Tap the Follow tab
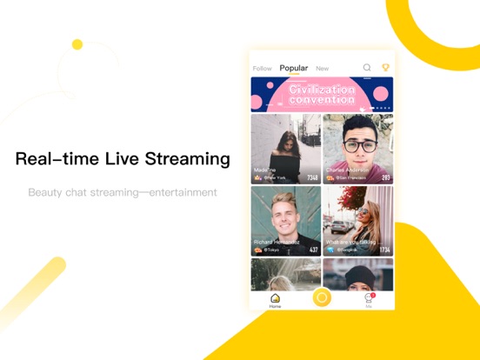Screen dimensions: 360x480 pyautogui.click(x=262, y=68)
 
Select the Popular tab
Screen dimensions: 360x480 pyautogui.click(x=294, y=68)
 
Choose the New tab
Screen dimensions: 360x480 pyautogui.click(x=322, y=68)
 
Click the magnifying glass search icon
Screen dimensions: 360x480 pyautogui.click(x=367, y=67)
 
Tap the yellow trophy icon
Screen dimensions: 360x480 pyautogui.click(x=385, y=67)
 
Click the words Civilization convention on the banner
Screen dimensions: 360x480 pyautogui.click(x=321, y=94)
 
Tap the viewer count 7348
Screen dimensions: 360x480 pyautogui.click(x=312, y=177)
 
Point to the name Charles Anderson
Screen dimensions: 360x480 pyautogui.click(x=349, y=170)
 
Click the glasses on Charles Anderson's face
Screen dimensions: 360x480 pyautogui.click(x=358, y=145)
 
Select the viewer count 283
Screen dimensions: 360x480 pyautogui.click(x=385, y=177)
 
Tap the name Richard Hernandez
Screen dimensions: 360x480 pyautogui.click(x=277, y=242)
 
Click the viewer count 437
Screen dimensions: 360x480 pyautogui.click(x=314, y=250)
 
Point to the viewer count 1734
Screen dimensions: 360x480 pyautogui.click(x=384, y=250)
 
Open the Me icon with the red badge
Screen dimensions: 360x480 pyautogui.click(x=369, y=298)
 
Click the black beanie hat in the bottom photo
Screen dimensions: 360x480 pyautogui.click(x=357, y=270)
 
